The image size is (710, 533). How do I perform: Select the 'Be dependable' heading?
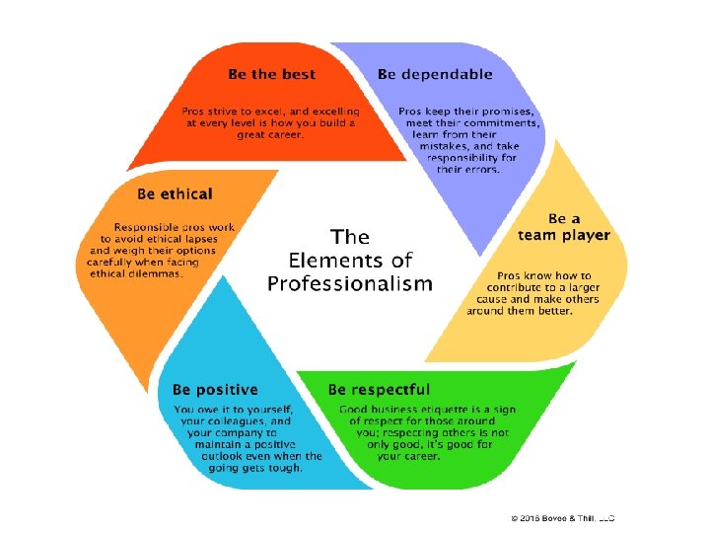(x=434, y=74)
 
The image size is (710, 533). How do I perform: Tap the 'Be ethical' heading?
(x=175, y=193)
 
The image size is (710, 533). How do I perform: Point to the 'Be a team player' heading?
(x=564, y=227)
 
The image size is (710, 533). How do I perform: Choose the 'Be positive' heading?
(x=215, y=390)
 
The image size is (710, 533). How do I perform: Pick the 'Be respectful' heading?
(x=379, y=390)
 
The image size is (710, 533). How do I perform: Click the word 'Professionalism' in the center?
(x=349, y=284)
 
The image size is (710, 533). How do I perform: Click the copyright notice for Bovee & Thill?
(x=562, y=517)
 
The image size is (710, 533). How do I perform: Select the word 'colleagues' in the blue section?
(x=236, y=421)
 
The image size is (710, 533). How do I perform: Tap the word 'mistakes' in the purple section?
(x=453, y=145)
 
